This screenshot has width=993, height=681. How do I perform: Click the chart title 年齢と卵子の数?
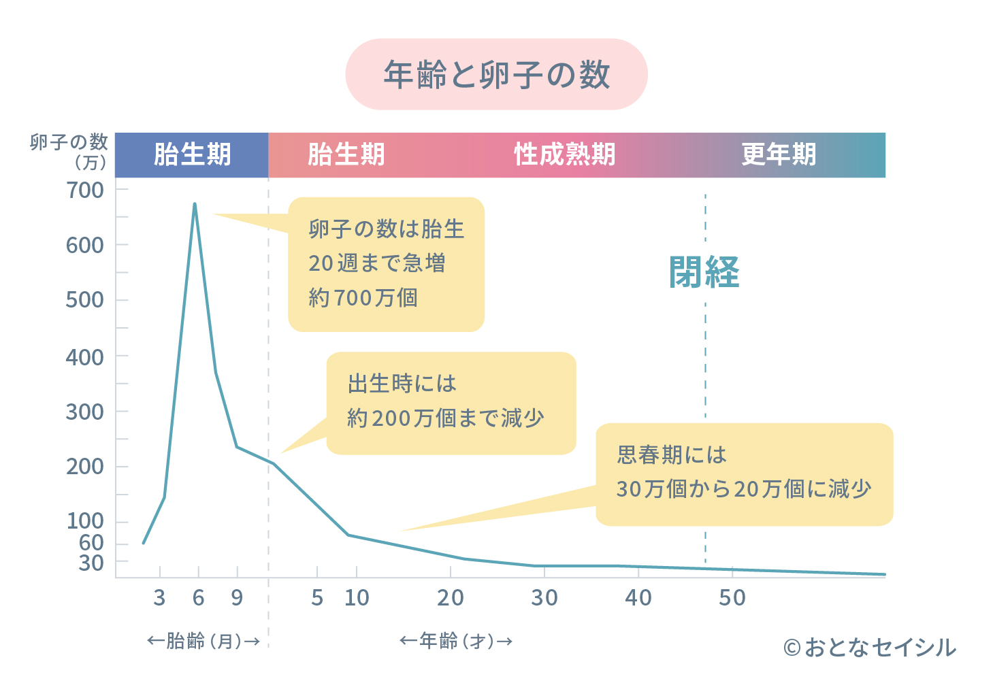click(496, 75)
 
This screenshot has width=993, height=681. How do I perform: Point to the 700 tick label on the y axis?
click(85, 190)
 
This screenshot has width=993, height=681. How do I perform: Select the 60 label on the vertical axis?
click(91, 543)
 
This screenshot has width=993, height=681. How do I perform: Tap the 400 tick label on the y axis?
click(85, 357)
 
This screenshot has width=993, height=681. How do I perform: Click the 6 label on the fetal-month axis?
click(198, 598)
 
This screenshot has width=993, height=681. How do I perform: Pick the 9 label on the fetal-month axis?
click(237, 598)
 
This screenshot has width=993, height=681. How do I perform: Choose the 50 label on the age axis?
click(732, 598)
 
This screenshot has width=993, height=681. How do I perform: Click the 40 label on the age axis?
click(638, 598)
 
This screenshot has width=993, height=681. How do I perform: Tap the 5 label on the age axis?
click(317, 598)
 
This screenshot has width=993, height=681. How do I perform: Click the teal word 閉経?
click(704, 272)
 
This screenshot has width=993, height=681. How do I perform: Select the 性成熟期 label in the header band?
click(564, 155)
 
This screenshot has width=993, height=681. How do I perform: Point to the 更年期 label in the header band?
click(779, 155)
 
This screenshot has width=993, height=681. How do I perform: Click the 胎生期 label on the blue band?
click(192, 155)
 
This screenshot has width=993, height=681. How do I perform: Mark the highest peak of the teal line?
click(195, 203)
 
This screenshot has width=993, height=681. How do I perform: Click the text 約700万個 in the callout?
click(363, 298)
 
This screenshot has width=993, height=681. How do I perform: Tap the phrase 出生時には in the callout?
click(402, 384)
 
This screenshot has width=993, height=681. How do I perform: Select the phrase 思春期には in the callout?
click(672, 454)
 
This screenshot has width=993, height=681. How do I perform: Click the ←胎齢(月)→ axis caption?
click(204, 641)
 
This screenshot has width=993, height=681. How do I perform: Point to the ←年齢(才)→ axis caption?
click(456, 641)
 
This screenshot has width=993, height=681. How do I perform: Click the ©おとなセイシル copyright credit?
click(870, 648)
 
